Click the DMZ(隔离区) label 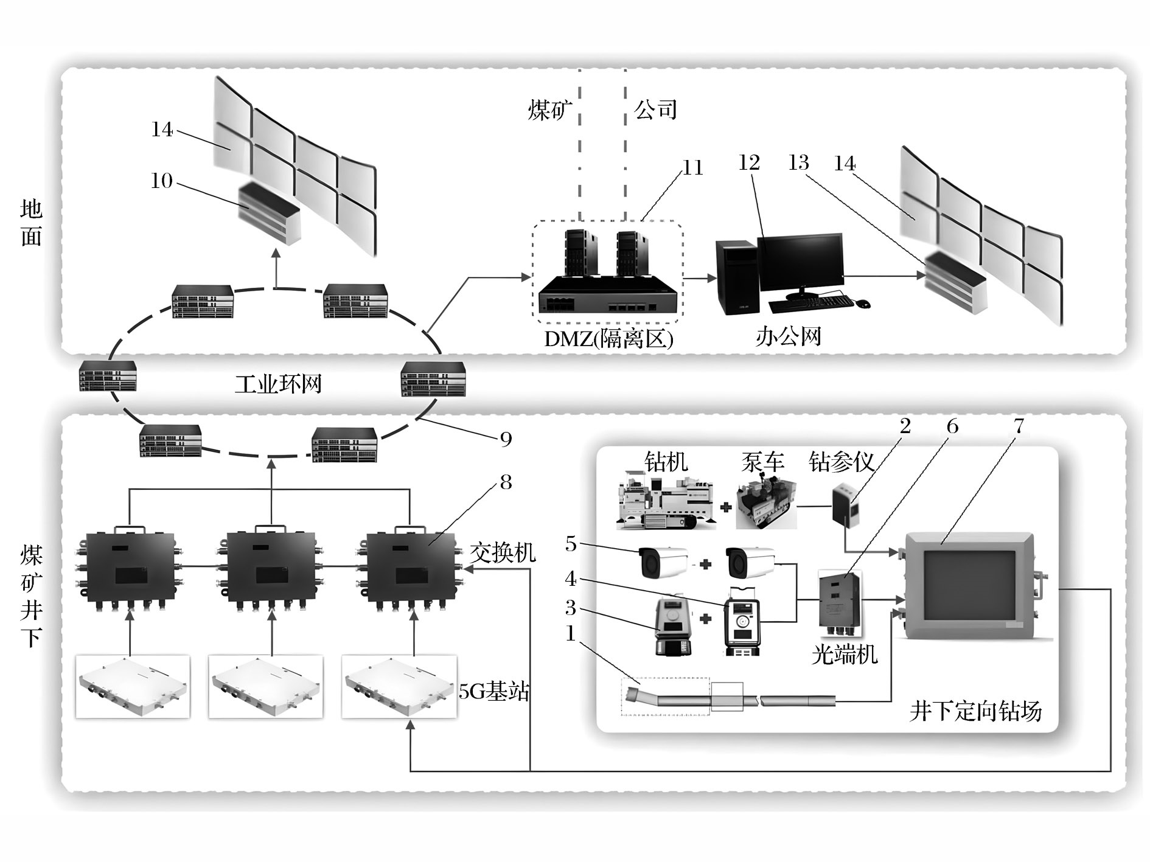click(608, 339)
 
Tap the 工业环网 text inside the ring click(278, 384)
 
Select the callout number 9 click(506, 439)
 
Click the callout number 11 click(693, 168)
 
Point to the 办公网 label click(789, 336)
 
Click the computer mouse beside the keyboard click(863, 303)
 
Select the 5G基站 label click(493, 692)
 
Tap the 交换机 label click(503, 552)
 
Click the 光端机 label click(845, 655)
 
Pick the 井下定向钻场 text click(975, 711)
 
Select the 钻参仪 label click(842, 462)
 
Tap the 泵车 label click(762, 462)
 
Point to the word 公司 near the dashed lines click(656, 110)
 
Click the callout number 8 click(506, 482)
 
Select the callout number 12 click(749, 162)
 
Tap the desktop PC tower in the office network click(737, 277)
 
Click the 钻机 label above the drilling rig click(666, 462)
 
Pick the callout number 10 click(162, 181)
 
